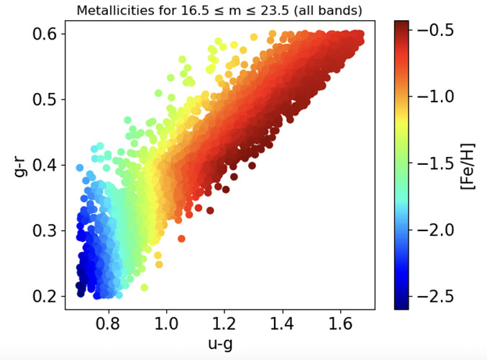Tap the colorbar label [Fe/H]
(467, 165)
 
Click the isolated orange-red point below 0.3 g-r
(181, 238)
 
